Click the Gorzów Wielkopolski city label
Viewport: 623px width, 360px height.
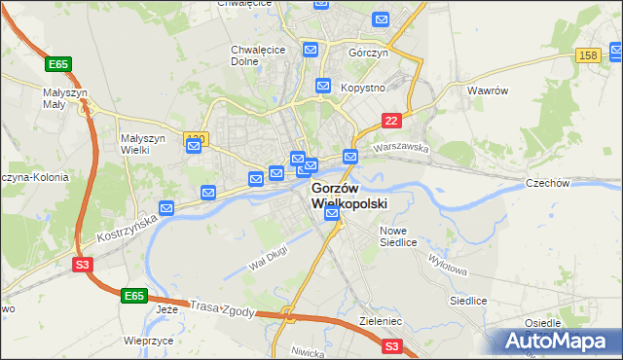349,196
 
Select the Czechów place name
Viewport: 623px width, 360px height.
546,183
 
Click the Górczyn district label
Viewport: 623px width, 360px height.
369,54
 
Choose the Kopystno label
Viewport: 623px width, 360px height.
364,88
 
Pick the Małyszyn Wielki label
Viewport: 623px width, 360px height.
143,144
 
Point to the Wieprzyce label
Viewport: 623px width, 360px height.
148,342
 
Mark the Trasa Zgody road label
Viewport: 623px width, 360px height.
223,307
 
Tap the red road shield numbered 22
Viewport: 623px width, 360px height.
391,120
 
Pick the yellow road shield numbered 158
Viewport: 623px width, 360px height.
587,56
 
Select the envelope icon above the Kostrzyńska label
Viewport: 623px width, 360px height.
167,208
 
